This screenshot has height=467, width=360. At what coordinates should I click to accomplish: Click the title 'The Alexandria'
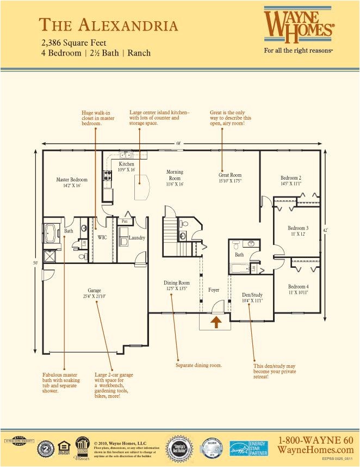click(x=108, y=25)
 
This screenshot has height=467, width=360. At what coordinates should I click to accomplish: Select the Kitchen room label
click(x=126, y=164)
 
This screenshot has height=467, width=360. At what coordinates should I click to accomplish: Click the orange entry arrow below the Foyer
click(x=216, y=322)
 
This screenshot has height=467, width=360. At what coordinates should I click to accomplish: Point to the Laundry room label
click(x=136, y=237)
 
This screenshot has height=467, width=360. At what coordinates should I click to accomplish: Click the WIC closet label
click(x=102, y=237)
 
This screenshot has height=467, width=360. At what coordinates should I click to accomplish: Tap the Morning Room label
click(x=175, y=175)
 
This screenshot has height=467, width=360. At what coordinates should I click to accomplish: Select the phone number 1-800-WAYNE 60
click(x=315, y=440)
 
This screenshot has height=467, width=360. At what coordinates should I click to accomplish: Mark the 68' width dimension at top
click(x=178, y=143)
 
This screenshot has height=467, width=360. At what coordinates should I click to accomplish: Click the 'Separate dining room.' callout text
click(x=198, y=365)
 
